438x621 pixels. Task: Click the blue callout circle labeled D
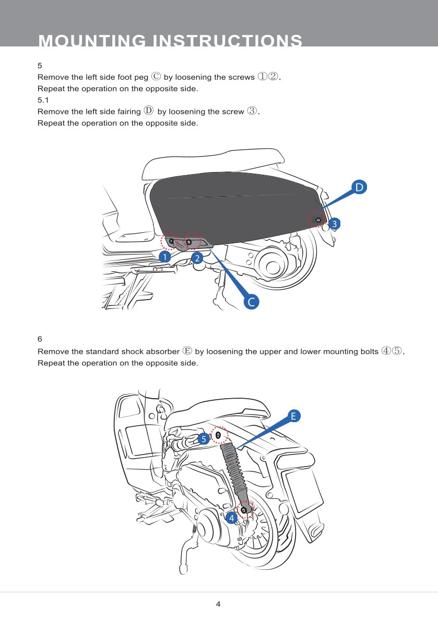point(359,187)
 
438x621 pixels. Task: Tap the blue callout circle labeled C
point(252,302)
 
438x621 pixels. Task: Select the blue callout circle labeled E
point(293,416)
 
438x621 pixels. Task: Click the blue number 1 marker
point(164,257)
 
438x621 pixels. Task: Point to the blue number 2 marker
point(197,258)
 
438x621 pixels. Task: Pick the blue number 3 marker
point(335,224)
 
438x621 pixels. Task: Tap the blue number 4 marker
point(231,518)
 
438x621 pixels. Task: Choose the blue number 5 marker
point(204,439)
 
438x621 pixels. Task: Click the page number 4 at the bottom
point(218,604)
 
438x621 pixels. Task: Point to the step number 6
point(40,339)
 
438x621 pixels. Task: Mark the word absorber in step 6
point(163,351)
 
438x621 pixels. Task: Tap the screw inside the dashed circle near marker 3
point(317,220)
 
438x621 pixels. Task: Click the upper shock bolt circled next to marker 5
point(218,435)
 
